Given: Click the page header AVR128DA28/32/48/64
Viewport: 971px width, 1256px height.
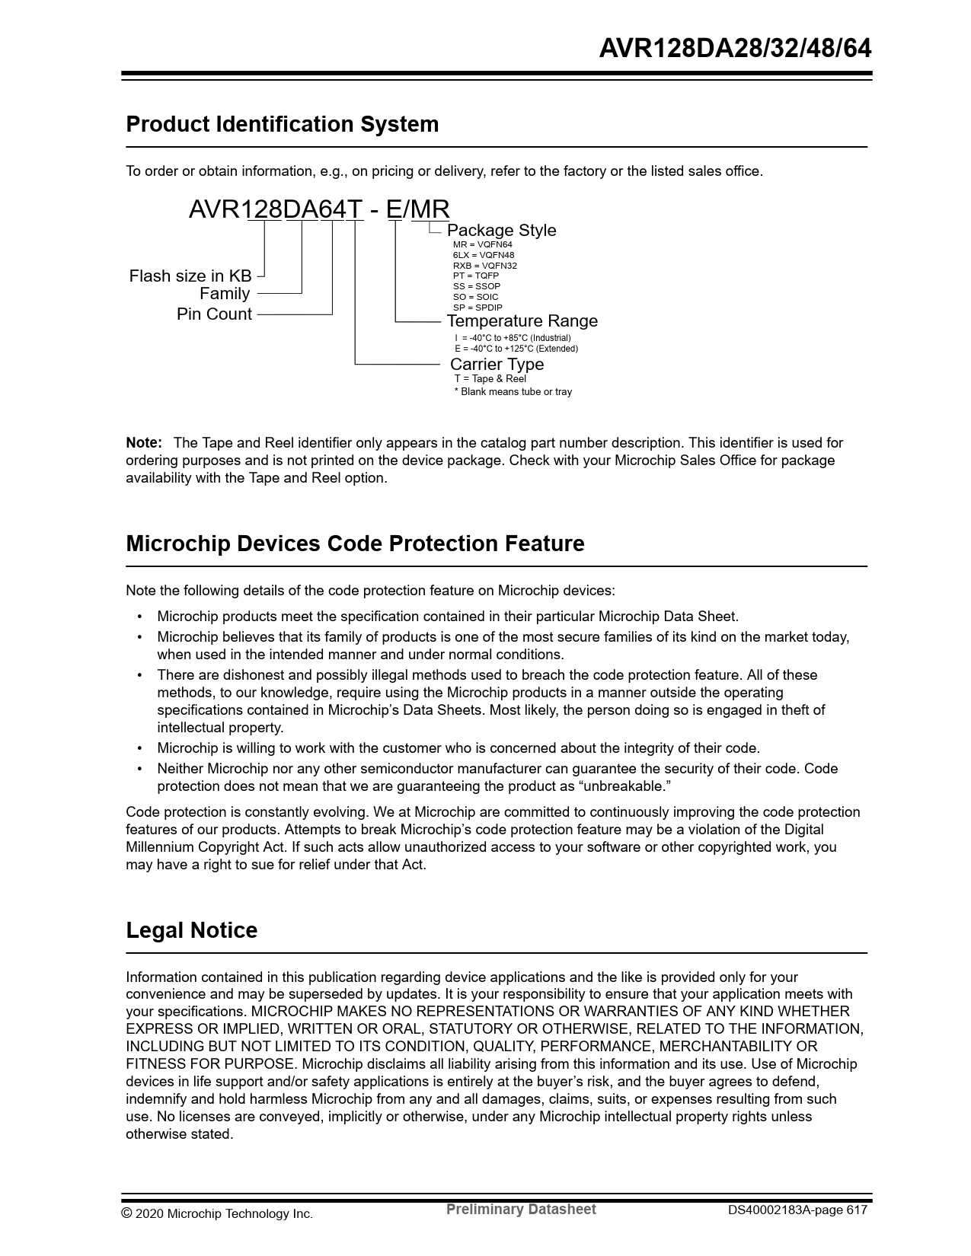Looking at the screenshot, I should point(735,49).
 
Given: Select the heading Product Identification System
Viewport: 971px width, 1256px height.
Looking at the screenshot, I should point(282,124).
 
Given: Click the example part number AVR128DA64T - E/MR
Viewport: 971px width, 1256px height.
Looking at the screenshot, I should point(319,209).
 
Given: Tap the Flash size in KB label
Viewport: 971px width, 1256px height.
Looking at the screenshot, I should point(190,276).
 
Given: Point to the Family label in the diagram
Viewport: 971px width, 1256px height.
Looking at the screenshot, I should point(225,294).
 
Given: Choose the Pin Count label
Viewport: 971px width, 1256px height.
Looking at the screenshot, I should point(214,314).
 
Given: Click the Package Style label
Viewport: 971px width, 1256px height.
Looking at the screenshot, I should point(501,230).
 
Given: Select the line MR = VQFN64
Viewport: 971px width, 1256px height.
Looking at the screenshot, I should point(482,244).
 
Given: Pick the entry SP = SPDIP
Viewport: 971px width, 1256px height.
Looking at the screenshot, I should point(478,308).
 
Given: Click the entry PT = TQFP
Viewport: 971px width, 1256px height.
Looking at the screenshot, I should point(475,276).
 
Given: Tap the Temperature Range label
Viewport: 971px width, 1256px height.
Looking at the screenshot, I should point(522,320).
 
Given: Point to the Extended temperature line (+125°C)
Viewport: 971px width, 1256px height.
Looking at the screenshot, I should point(516,349).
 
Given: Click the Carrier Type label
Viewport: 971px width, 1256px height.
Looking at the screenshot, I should point(497,364).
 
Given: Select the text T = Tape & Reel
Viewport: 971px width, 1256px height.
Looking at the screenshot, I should point(490,378).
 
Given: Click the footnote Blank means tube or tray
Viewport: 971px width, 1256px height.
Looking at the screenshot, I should point(513,391).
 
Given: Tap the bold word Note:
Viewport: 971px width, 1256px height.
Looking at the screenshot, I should point(144,442).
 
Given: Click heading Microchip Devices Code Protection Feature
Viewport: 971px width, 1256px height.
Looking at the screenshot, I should point(355,544).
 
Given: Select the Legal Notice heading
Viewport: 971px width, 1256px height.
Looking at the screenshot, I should point(191,930).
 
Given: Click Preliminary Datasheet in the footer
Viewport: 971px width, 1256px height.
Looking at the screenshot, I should point(521,1209).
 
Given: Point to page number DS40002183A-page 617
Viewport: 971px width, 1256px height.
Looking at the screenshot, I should point(797,1210).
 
